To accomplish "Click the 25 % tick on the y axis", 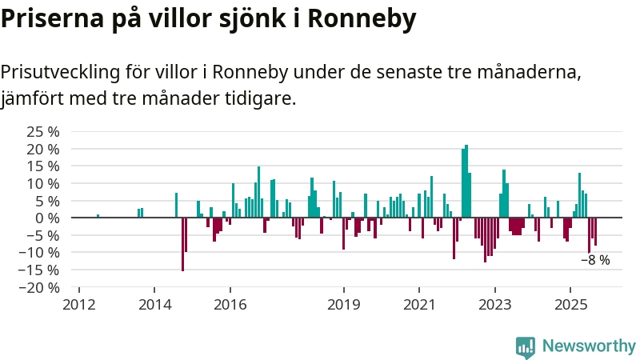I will pyautogui.click(x=43, y=132).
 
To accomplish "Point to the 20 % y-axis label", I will pyautogui.click(x=43, y=150).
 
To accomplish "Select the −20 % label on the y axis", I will pyautogui.click(x=40, y=287).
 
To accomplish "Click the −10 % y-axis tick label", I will pyautogui.click(x=40, y=253).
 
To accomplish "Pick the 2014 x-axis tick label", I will pyautogui.click(x=154, y=305).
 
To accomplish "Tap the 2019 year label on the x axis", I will pyautogui.click(x=344, y=305).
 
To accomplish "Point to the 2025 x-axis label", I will pyautogui.click(x=570, y=305).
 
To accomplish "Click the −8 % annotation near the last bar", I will pyautogui.click(x=595, y=260).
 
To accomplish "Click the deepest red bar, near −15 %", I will pyautogui.click(x=182, y=244).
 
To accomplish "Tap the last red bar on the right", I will pyautogui.click(x=595, y=231).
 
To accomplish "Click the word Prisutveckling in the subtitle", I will pyautogui.click(x=58, y=73).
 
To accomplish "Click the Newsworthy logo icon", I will pyautogui.click(x=526, y=346).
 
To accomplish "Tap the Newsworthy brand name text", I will pyautogui.click(x=589, y=346).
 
